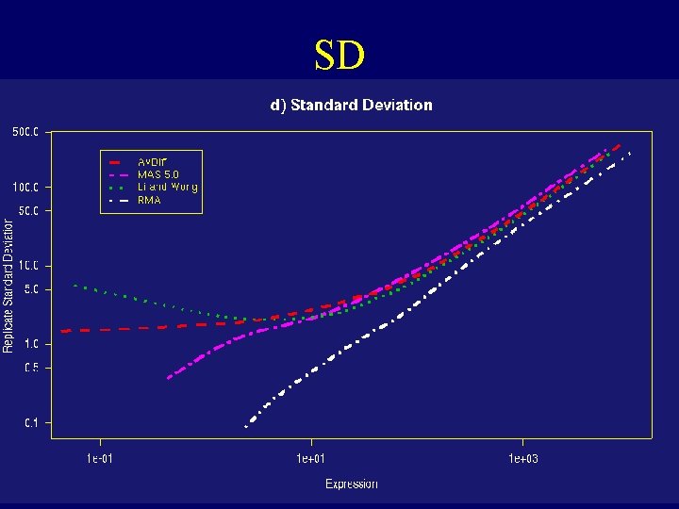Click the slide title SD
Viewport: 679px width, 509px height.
(339, 56)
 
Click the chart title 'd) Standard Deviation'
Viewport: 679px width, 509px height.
(352, 105)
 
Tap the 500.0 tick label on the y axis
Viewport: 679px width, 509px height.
(25, 132)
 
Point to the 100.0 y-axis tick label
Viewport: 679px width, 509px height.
(25, 188)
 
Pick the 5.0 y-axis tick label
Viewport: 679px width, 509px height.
(31, 289)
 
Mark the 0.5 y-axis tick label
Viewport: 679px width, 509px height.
(31, 368)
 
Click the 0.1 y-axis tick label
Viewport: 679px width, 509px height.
(31, 423)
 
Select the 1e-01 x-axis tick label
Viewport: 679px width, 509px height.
(101, 459)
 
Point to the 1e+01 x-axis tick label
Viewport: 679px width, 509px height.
(311, 459)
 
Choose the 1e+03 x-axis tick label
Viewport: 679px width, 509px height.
(522, 459)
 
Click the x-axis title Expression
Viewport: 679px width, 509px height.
(352, 484)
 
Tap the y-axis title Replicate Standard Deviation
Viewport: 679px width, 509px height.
(8, 286)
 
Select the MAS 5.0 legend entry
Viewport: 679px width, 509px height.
(157, 174)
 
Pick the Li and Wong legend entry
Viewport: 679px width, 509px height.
(167, 187)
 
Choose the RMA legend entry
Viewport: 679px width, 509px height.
(149, 200)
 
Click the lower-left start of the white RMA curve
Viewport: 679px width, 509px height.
(246, 426)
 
